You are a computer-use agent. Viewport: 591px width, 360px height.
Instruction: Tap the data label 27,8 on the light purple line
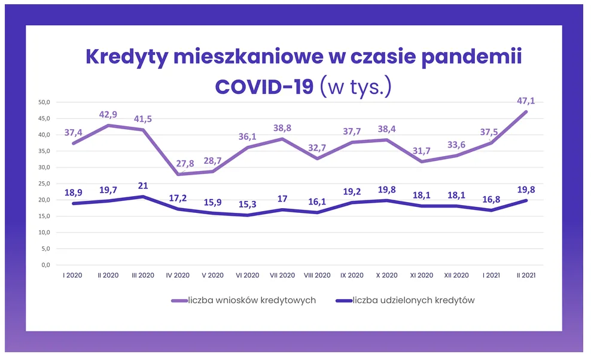(178, 163)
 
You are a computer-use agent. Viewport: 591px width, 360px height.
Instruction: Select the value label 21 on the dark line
(142, 185)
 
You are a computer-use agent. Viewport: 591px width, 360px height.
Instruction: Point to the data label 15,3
(248, 205)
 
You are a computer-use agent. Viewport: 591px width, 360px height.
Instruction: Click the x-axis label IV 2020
(178, 276)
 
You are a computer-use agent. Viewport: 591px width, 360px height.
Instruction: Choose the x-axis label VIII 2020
(317, 276)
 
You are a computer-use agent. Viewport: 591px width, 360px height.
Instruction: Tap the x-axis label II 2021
(526, 276)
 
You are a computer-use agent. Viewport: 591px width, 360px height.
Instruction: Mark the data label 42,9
(108, 114)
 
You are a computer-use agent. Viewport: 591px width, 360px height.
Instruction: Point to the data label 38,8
(282, 128)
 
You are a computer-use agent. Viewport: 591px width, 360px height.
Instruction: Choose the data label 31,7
(422, 150)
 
